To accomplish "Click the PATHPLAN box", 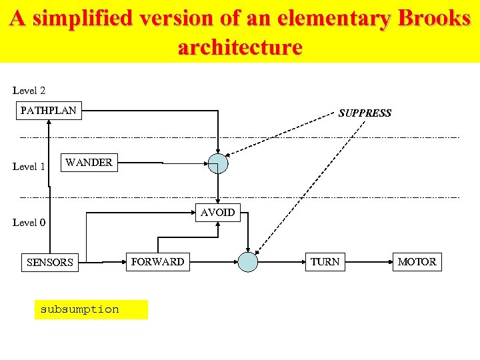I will (49, 111).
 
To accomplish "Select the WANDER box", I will (89, 163).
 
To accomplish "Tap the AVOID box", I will (218, 213).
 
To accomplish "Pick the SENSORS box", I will (49, 262).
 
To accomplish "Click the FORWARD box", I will (158, 262).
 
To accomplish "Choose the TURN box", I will (325, 262).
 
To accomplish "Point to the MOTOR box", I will (417, 262).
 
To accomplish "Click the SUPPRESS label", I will (365, 113).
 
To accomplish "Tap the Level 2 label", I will (29, 90).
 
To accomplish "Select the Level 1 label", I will (29, 167).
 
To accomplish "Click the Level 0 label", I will (29, 223).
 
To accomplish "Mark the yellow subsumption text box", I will (91, 309).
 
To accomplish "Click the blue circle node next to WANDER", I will (217, 163).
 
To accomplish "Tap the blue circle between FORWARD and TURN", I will (248, 262).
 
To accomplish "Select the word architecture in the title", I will (240, 47).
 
